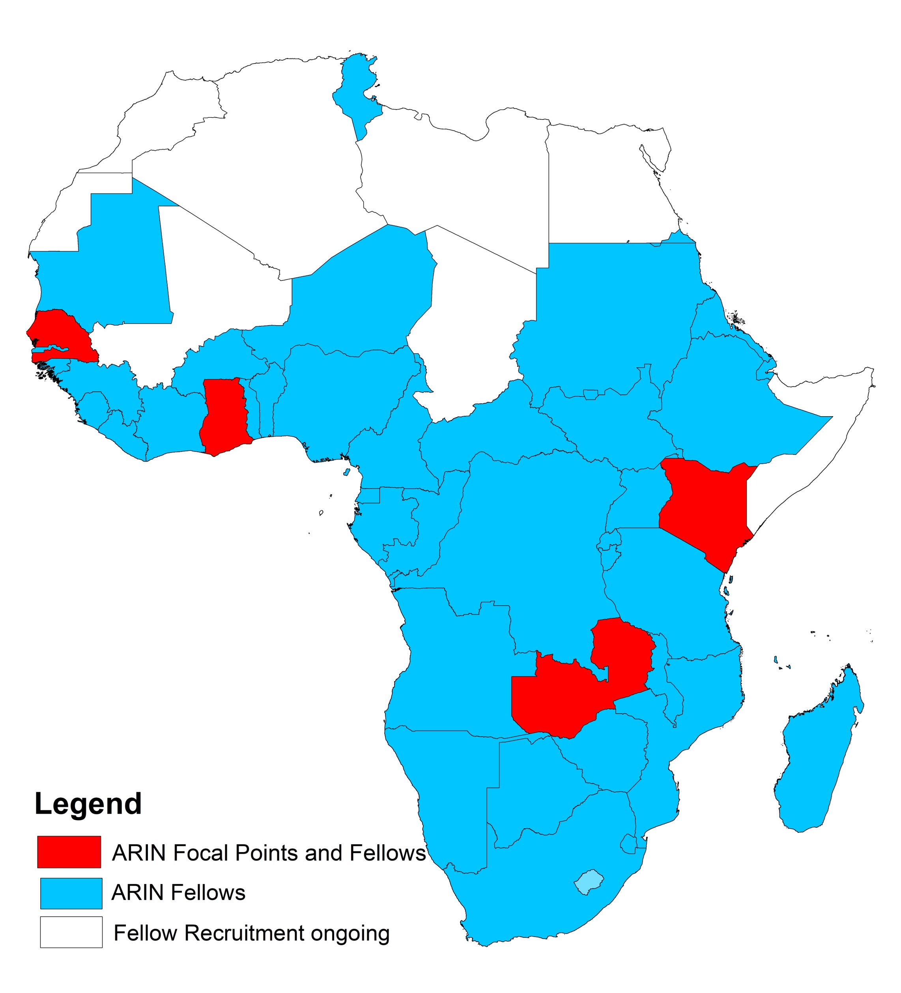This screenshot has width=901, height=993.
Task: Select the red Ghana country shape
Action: point(224,416)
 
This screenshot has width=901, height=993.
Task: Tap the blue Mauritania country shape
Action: point(123,266)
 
